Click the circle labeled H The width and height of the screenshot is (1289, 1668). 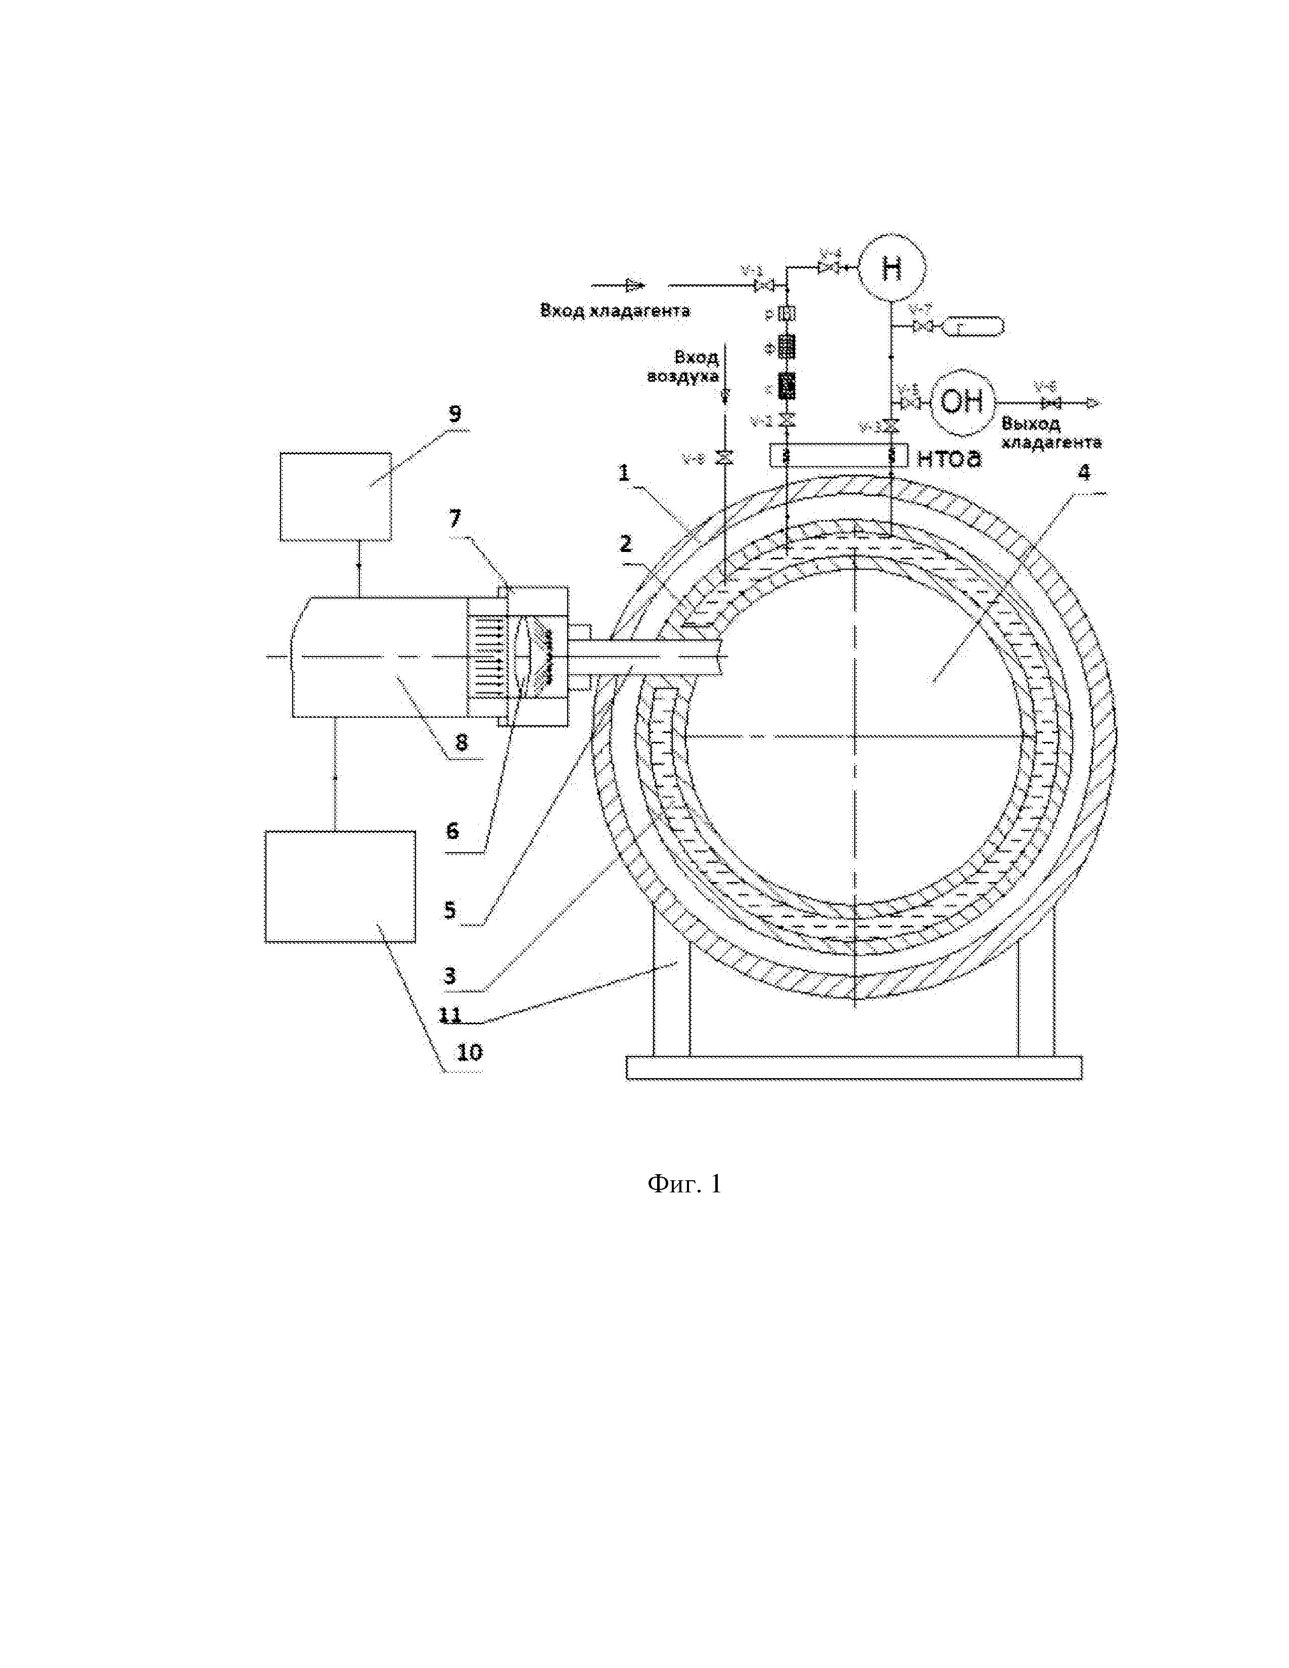[x=891, y=268]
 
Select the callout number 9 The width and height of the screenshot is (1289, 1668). [x=454, y=414]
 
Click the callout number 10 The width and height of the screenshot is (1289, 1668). [x=469, y=1052]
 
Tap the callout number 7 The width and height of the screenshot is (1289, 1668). [x=455, y=519]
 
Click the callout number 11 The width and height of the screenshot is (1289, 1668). [x=450, y=1014]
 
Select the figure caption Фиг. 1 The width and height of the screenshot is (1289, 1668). [x=684, y=1184]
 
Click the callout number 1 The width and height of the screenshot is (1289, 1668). [x=624, y=473]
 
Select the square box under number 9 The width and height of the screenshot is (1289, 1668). [x=336, y=496]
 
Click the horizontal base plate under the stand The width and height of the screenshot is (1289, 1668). [x=854, y=1068]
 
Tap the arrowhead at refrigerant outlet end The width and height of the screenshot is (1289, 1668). [x=1093, y=403]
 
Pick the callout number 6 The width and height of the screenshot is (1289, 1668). [x=452, y=831]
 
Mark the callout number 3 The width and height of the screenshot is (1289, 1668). [x=450, y=976]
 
